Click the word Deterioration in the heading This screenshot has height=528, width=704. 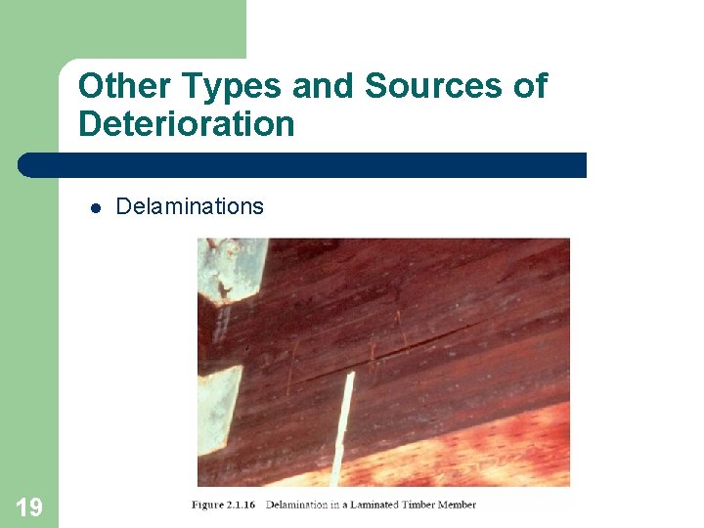click(186, 124)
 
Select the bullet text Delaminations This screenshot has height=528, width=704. click(190, 206)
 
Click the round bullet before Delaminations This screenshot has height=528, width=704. click(96, 207)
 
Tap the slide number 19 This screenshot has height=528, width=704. click(29, 506)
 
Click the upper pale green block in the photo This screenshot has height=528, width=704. click(232, 268)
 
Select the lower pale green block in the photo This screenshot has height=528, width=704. click(218, 411)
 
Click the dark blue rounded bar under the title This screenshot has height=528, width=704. click(303, 164)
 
